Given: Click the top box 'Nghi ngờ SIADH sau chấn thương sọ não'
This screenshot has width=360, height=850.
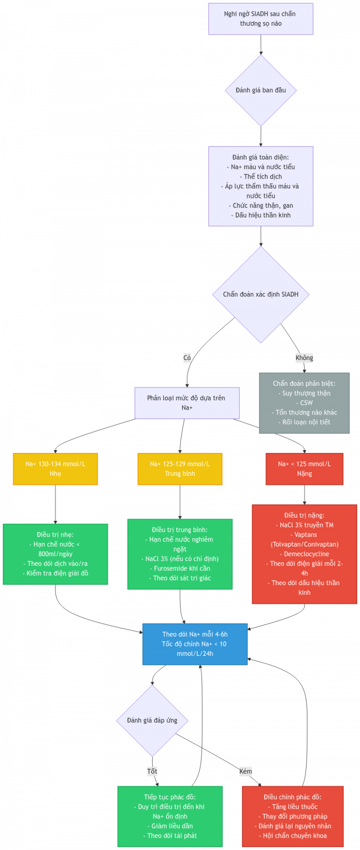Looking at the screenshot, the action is tap(261, 19).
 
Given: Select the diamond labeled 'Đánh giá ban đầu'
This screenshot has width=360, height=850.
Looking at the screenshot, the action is tap(261, 90).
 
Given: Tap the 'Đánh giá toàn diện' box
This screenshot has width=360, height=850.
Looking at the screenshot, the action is tap(261, 186).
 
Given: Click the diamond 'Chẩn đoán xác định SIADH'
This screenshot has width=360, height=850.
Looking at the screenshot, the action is tap(261, 294).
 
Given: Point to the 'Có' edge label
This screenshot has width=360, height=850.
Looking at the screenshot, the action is tap(187, 358).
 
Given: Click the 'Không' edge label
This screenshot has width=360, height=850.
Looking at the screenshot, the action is tap(304, 358).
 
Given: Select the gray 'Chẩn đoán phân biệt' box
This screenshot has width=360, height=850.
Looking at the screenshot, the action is tap(304, 403).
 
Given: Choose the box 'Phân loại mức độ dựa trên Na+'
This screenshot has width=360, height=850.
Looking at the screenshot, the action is tap(187, 403).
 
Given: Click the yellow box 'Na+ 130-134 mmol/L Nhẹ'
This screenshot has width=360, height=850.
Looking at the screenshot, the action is tap(55, 469).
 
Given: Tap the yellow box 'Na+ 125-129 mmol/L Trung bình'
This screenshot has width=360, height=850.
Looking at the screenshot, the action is tap(180, 469).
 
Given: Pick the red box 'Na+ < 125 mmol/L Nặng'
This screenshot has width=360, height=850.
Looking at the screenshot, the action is tap(304, 469).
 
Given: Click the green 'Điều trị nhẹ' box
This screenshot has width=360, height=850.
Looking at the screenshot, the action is tap(55, 554).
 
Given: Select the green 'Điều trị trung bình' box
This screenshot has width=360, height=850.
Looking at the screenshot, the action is tap(180, 554).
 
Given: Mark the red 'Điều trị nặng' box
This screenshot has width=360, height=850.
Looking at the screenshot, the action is tap(304, 554).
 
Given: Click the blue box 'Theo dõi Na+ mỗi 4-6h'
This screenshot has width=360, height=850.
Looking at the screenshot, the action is tap(195, 644).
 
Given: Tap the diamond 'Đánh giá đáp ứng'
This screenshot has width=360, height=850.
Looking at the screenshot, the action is tap(152, 721).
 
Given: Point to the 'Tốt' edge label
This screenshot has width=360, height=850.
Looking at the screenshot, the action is tap(152, 771).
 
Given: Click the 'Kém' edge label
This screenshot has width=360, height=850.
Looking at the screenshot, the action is tap(246, 771).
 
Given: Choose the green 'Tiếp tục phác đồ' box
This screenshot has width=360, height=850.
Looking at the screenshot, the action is tap(170, 816).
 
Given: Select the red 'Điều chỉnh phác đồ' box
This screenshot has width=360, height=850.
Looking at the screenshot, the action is tap(293, 816).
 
